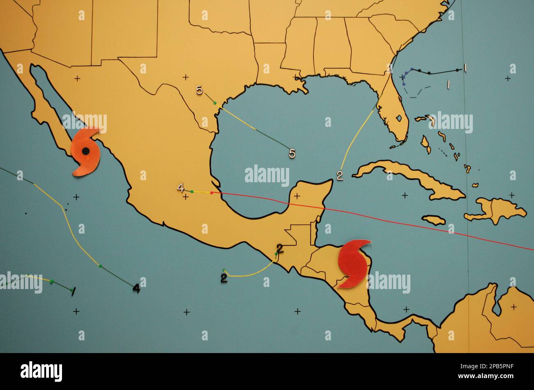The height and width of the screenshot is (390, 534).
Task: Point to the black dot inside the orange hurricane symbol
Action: coord(85,151)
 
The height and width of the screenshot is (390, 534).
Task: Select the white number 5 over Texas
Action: coord(199,90)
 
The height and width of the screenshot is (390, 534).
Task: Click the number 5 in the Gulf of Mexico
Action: coord(292,154)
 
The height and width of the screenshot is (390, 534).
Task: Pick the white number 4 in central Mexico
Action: coord(180,188)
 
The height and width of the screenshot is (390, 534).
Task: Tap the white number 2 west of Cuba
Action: coord(340,176)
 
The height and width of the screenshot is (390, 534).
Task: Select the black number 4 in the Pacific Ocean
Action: coord(136,289)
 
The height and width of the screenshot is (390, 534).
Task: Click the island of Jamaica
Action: coord(433,220)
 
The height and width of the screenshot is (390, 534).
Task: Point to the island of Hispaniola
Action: coord(495,210)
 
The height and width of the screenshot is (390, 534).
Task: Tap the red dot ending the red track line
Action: coord(212,193)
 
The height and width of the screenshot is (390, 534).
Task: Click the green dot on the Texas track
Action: coord(215,103)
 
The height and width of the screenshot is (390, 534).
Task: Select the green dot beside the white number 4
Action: coord(192,191)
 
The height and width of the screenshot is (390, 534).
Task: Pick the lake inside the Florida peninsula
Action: coord(398,119)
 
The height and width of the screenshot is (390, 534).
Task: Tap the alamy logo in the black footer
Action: coord(41,371)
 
